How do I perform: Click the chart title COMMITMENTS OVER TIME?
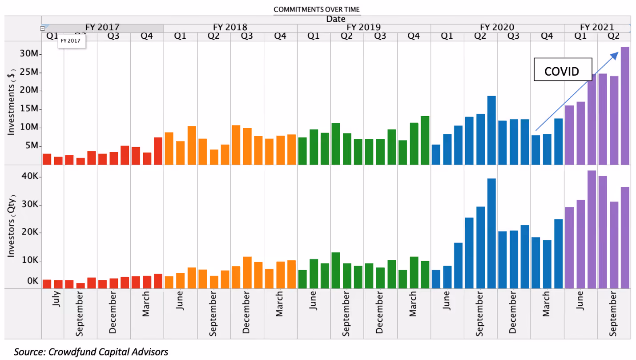click(x=317, y=9)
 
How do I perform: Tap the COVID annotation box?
click(x=563, y=69)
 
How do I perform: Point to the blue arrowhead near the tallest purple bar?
click(x=614, y=56)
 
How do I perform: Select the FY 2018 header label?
click(x=230, y=27)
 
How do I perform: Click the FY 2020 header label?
click(x=497, y=27)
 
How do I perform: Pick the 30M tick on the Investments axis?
click(x=29, y=53)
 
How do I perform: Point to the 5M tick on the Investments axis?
click(x=32, y=146)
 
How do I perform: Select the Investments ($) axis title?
click(x=11, y=102)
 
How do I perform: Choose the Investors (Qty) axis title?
click(x=11, y=226)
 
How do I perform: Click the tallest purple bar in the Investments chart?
click(x=625, y=106)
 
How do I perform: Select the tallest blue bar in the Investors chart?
click(x=491, y=234)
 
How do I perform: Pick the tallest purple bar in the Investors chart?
click(x=592, y=230)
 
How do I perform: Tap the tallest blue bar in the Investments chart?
click(x=491, y=130)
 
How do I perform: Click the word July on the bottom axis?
click(x=56, y=299)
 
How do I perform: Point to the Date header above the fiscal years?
click(x=336, y=19)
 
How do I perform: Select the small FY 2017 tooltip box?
click(x=71, y=41)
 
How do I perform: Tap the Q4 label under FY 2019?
click(x=414, y=36)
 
